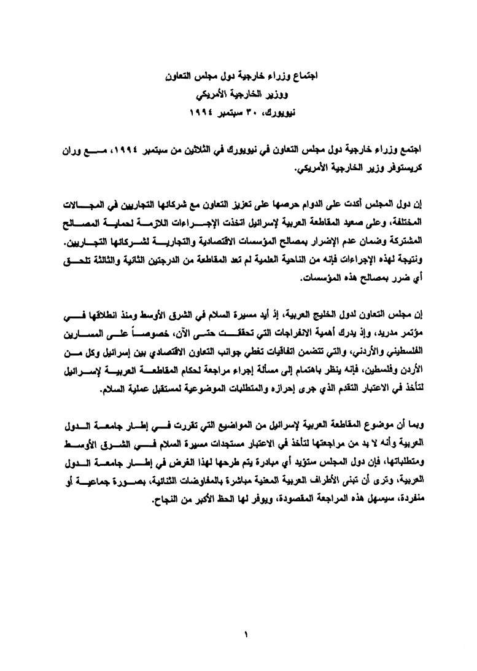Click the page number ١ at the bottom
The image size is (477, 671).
pyautogui.click(x=244, y=635)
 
